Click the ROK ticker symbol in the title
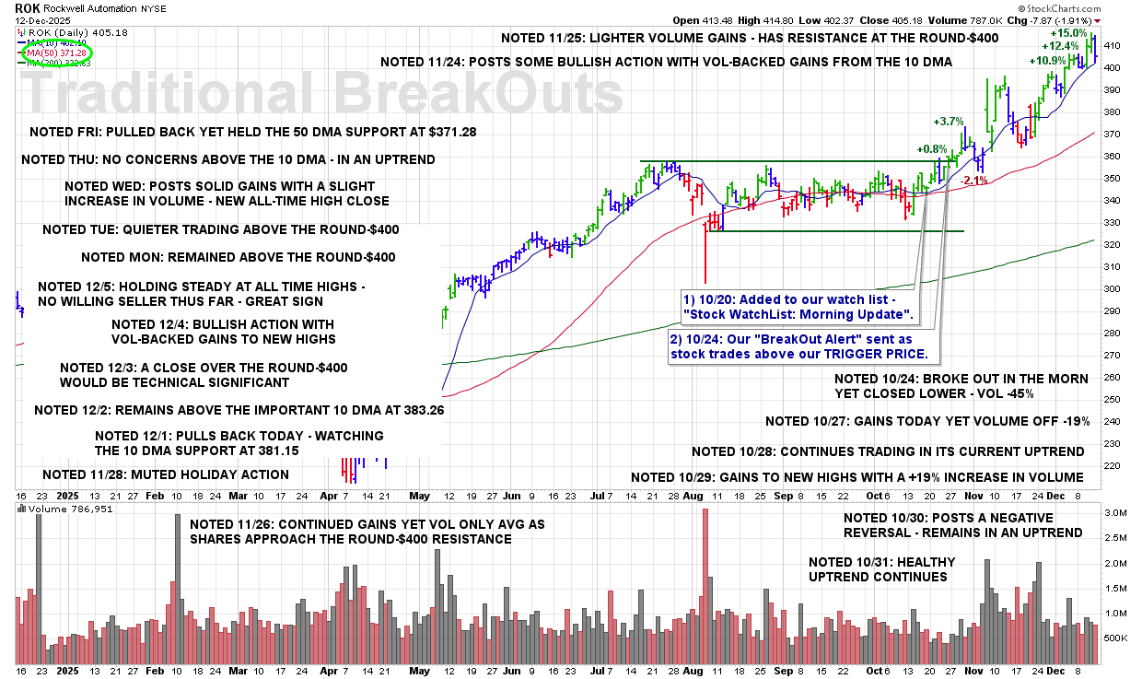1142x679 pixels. coord(28,6)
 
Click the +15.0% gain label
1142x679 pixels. coord(1068,33)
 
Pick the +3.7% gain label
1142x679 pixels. coord(948,121)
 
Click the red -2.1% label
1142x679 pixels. coord(973,181)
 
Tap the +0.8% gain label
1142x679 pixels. coord(931,148)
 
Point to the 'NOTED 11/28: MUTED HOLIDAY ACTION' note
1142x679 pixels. coord(166,474)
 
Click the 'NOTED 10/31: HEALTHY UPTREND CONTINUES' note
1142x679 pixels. coord(881,569)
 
